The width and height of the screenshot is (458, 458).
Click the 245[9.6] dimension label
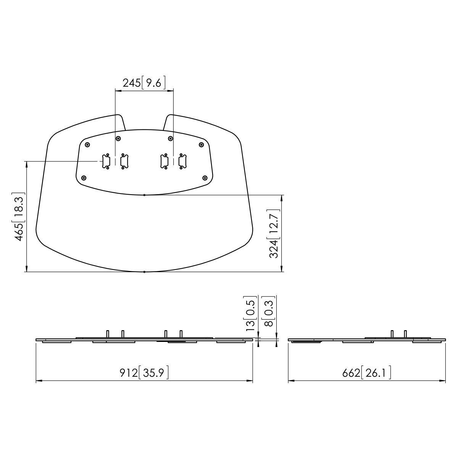(x=144, y=82)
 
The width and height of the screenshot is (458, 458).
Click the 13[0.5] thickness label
(x=250, y=313)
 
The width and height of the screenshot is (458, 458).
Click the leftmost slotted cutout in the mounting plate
(x=105, y=161)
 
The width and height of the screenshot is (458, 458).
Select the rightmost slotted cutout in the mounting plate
(x=182, y=161)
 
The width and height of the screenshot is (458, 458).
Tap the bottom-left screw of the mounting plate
(x=84, y=178)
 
